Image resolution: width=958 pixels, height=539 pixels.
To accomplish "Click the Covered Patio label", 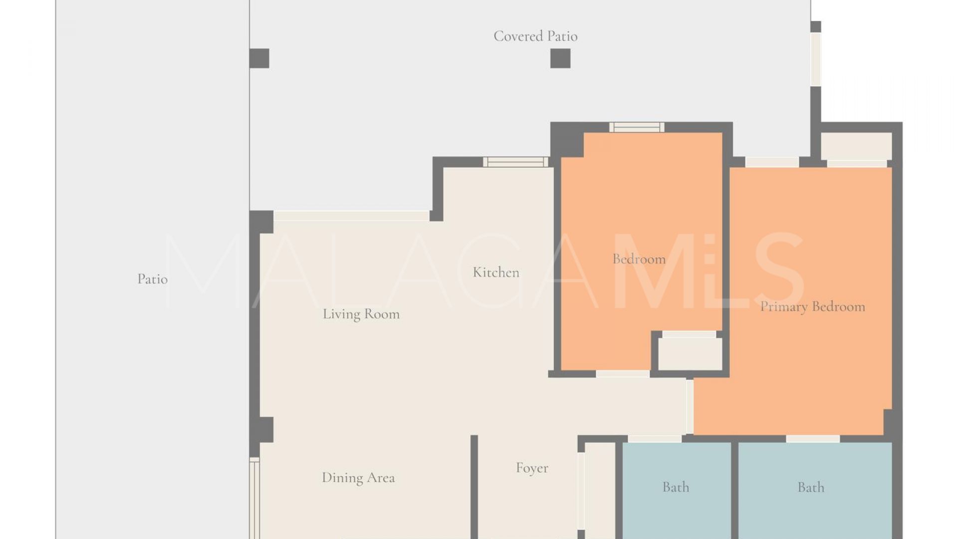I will (535, 36).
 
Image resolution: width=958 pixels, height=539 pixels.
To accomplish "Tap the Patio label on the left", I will (152, 278).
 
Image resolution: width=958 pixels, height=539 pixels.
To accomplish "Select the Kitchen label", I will (496, 272).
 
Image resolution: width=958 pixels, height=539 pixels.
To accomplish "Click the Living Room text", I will (361, 314).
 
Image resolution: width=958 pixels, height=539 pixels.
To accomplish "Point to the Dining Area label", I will (358, 478).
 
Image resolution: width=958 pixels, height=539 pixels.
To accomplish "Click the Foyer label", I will (532, 468).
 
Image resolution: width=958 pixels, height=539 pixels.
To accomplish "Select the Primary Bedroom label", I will (812, 306).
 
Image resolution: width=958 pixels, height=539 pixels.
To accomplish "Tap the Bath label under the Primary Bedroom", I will (811, 487).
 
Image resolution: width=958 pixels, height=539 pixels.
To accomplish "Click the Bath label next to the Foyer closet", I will (676, 487).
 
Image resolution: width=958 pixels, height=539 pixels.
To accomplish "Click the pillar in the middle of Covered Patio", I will (560, 58).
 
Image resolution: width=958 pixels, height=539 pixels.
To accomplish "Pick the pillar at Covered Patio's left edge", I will (259, 58).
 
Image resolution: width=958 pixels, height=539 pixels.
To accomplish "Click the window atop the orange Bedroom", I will (637, 127).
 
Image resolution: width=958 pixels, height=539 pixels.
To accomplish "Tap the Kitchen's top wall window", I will (515, 162).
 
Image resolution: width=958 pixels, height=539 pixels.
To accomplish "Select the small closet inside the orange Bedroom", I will (690, 354).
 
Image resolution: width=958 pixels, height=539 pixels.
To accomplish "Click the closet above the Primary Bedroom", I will (856, 146).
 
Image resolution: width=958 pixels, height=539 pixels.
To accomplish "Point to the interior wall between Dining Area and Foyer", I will (474, 487).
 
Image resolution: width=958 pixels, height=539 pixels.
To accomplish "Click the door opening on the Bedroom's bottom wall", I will (623, 374).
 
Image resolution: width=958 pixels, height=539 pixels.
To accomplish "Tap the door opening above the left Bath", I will (655, 438).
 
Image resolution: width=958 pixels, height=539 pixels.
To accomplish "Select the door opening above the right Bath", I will (813, 438).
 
